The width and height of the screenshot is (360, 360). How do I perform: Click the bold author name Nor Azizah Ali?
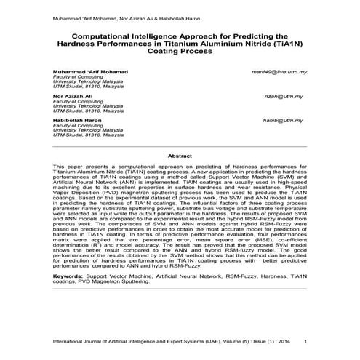pos(72,95)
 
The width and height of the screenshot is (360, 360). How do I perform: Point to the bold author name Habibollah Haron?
pos(78,119)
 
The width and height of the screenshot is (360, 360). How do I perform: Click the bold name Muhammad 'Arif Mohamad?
pos(90,72)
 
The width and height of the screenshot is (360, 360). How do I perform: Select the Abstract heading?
pos(180,156)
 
